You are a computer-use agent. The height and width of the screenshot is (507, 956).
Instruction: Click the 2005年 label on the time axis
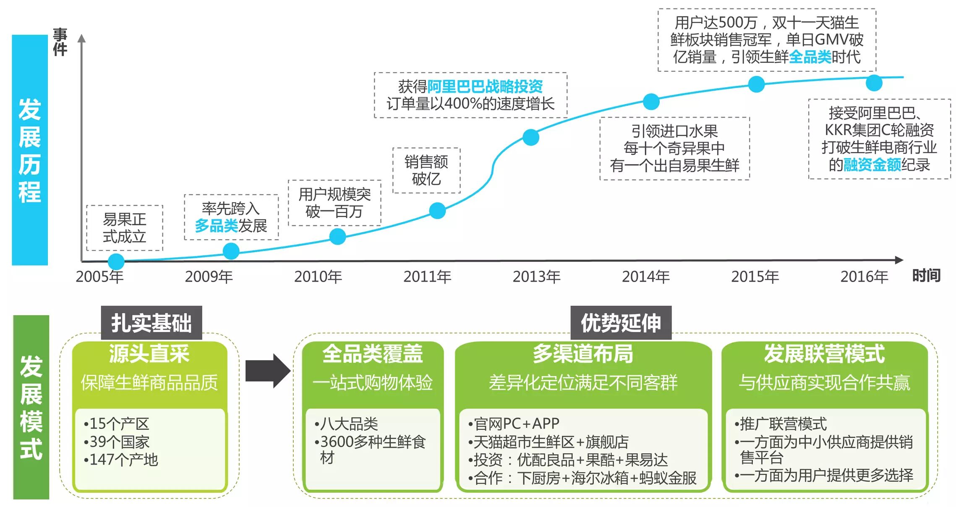pos(100,277)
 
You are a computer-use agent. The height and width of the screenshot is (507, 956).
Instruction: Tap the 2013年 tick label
pos(537,277)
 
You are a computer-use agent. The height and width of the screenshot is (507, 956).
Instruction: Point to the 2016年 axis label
pos(865,277)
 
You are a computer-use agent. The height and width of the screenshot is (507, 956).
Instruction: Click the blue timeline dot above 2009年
pos(231,251)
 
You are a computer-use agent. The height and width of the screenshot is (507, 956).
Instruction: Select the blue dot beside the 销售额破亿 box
pos(437,210)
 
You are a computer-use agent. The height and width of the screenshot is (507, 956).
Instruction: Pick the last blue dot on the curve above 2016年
pos(874,83)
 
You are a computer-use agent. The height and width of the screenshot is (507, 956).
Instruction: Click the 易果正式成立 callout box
pos(125,228)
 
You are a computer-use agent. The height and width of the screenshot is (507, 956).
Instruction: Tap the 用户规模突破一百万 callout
pos(334,203)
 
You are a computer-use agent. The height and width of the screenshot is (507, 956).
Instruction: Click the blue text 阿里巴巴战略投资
pos(485,86)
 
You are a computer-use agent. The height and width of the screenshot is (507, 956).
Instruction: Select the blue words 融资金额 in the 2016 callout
pos(872,165)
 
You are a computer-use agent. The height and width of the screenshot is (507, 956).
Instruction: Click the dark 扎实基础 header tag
pos(151,323)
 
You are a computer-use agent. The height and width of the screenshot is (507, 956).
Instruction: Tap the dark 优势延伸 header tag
pos(621,323)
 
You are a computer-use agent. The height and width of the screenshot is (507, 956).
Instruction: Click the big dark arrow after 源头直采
pos(268,371)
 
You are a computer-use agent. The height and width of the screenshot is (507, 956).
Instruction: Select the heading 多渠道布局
pos(583,353)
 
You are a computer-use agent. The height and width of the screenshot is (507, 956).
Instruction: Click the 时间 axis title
pos(926,276)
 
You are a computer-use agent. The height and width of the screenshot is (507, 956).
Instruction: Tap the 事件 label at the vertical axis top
pos(60,42)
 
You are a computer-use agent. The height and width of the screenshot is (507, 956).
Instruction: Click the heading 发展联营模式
pos(824,353)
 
